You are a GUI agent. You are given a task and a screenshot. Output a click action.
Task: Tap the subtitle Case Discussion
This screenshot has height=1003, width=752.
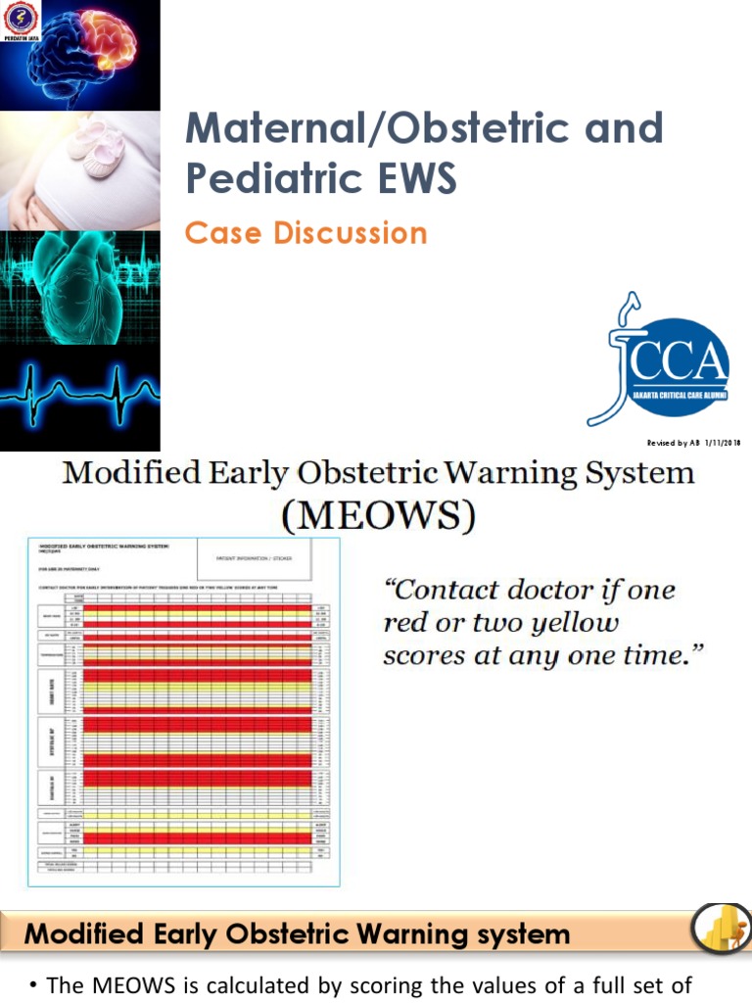click(306, 233)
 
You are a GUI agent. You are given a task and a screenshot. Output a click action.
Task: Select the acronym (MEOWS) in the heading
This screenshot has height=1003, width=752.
click(378, 514)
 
